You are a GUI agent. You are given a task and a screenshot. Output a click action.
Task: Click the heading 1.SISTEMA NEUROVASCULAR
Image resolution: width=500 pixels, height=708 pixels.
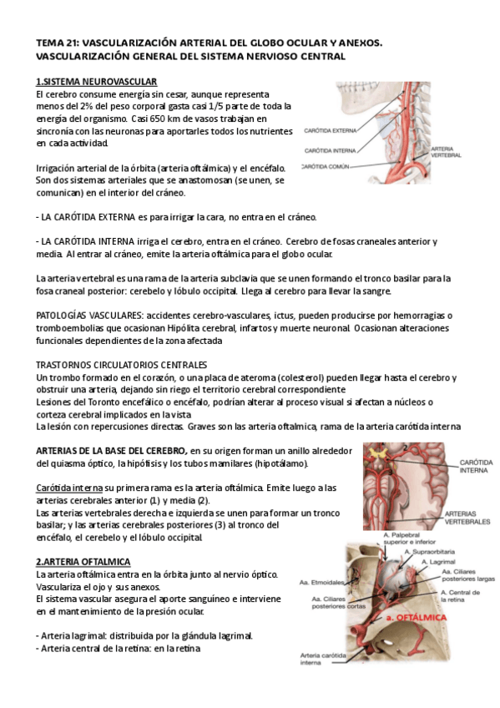pos(96,81)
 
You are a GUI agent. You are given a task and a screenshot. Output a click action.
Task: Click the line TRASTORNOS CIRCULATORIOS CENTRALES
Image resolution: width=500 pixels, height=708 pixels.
pos(122,366)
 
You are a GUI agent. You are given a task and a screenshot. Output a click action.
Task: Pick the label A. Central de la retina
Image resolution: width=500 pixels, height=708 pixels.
pos(446,596)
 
